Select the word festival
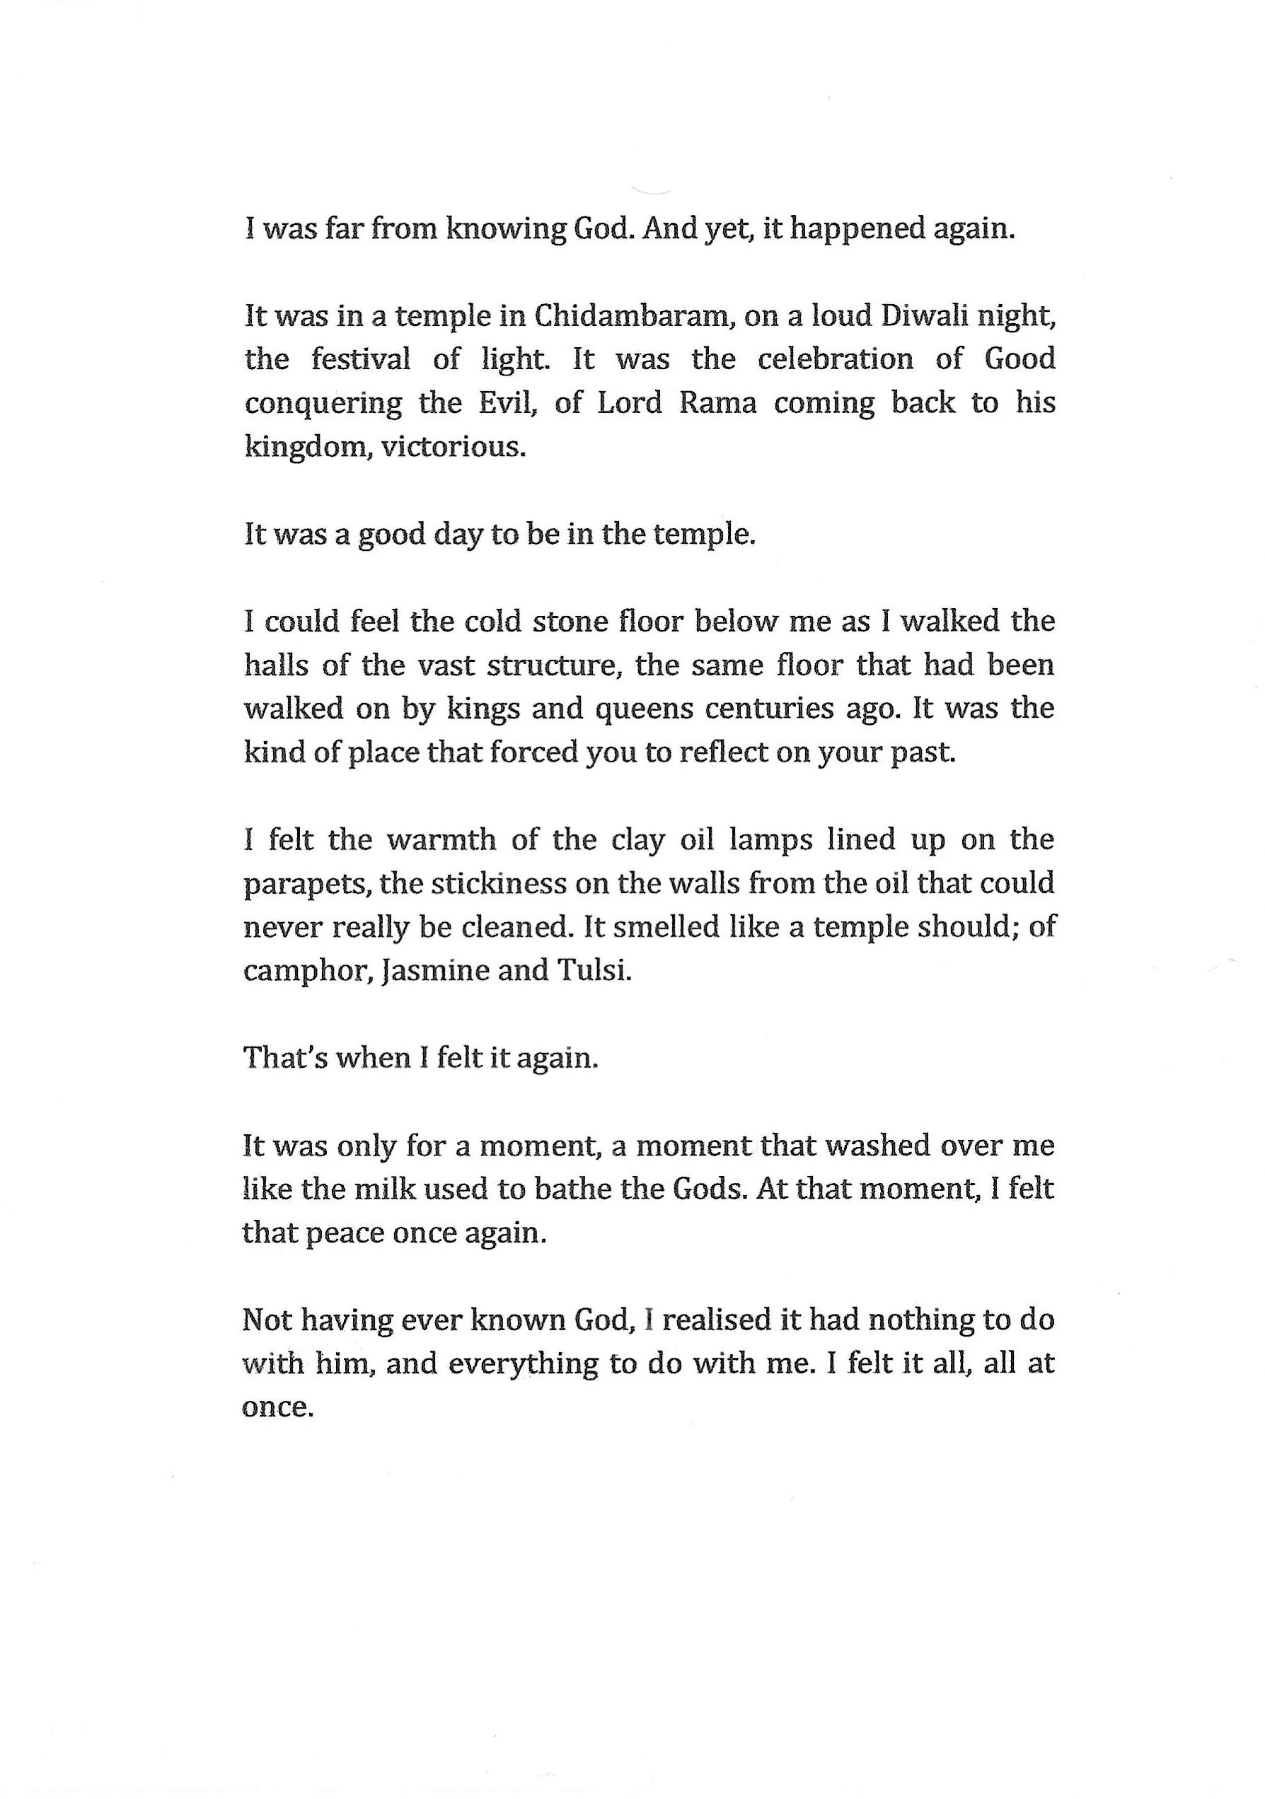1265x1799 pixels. pyautogui.click(x=361, y=360)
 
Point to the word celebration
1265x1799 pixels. pyautogui.click(x=835, y=360)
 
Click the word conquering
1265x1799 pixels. pyautogui.click(x=323, y=404)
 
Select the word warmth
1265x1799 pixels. pyautogui.click(x=442, y=840)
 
